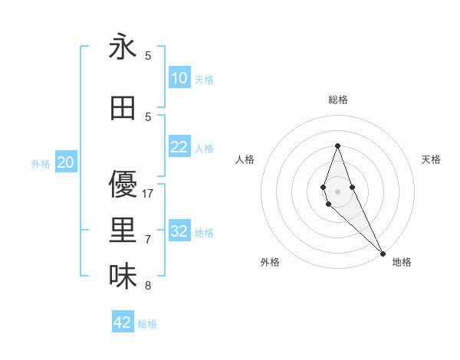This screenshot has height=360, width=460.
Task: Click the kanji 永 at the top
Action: [123, 47]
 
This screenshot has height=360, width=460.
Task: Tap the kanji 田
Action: [123, 108]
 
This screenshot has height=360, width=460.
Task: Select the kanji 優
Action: [123, 185]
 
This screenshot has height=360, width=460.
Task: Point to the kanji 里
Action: [123, 231]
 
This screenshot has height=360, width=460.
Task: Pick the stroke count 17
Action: [149, 194]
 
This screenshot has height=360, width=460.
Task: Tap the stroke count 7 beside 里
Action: [148, 240]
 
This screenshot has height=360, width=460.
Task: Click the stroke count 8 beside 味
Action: [148, 286]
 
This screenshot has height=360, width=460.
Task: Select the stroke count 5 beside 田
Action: [148, 116]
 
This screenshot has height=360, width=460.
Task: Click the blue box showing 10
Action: [179, 78]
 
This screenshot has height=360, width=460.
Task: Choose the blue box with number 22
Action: [179, 147]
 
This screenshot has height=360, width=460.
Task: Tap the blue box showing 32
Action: [179, 231]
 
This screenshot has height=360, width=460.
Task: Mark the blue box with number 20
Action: [66, 162]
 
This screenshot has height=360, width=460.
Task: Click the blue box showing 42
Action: [123, 322]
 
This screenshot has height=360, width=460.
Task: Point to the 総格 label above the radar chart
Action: [338, 100]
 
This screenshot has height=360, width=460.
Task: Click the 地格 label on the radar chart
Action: [402, 262]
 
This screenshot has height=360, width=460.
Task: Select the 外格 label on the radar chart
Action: [270, 262]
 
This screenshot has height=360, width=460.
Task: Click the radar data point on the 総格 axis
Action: [337, 146]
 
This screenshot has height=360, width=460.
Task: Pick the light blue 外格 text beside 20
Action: [41, 163]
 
